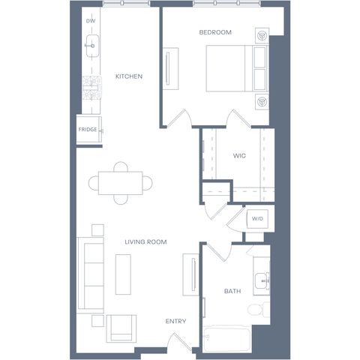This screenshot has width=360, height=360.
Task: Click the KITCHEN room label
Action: pos(129,76)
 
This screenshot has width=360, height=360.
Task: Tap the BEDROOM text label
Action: pos(215,32)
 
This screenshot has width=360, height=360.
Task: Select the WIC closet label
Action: pos(239,156)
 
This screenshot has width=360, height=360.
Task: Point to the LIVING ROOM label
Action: pos(145,241)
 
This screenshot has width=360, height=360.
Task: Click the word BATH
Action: pos(232,291)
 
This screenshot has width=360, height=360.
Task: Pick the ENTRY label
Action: pos(175,321)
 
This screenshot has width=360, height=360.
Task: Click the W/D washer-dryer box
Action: pos(257,219)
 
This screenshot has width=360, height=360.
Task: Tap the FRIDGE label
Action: pos(88,130)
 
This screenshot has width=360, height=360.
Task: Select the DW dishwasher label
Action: pos(91,21)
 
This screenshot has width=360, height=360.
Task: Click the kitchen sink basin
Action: pos(92,46)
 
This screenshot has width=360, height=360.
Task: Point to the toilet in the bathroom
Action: pos(259,310)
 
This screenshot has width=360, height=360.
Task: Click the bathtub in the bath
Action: pos(227,340)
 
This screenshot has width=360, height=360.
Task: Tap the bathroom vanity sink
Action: pos(262,281)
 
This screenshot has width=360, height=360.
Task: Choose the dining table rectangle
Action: pos(121,183)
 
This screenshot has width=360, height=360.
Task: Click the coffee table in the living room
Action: pos(123,274)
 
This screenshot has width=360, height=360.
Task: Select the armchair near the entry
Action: pos(121,328)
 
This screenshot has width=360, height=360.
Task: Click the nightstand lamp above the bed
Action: pos(262,35)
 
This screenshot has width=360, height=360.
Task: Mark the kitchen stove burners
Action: pos(91,88)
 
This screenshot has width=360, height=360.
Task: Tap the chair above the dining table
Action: pos(121,166)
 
